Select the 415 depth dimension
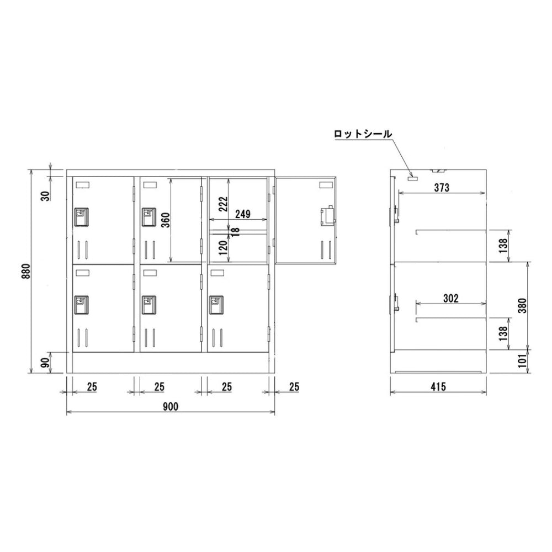439,387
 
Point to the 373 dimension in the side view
442,187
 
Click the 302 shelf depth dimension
451,298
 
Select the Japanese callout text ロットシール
363,134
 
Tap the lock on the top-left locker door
81,216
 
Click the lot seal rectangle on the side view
411,178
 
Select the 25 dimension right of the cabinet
294,387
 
